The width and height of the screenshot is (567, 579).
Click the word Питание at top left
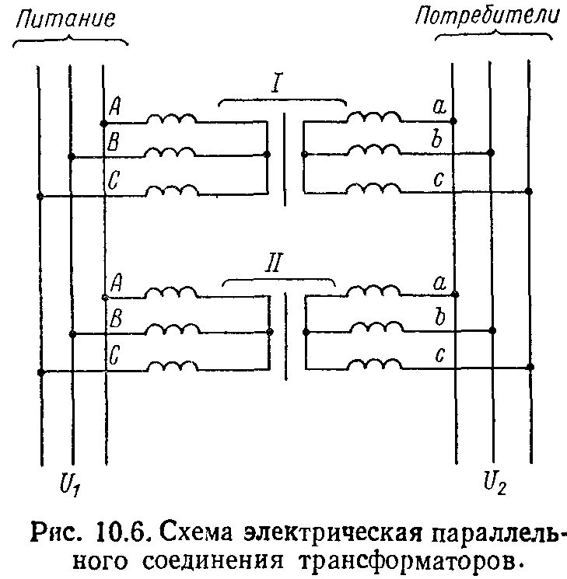point(65,19)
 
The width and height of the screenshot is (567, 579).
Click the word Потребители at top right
point(487,17)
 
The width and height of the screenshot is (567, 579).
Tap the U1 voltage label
point(70,484)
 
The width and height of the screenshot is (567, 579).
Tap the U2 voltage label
point(495,483)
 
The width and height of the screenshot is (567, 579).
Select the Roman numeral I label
point(276,82)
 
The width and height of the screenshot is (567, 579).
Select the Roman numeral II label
point(275,262)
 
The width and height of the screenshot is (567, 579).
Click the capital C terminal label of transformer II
point(114,355)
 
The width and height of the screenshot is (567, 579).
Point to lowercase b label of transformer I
point(437,139)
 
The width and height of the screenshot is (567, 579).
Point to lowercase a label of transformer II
point(440,283)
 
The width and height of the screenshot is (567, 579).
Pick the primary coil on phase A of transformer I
point(172,118)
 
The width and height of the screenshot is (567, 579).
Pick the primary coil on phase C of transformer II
point(173,366)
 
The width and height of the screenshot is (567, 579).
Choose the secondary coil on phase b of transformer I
point(374,150)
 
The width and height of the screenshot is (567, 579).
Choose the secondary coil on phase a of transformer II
point(373,290)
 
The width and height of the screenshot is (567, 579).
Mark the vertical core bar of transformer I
point(284,159)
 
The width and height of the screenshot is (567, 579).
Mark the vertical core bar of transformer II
point(285,336)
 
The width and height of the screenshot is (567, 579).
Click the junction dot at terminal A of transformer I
point(104,123)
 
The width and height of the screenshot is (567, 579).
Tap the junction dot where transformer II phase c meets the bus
point(530,367)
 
